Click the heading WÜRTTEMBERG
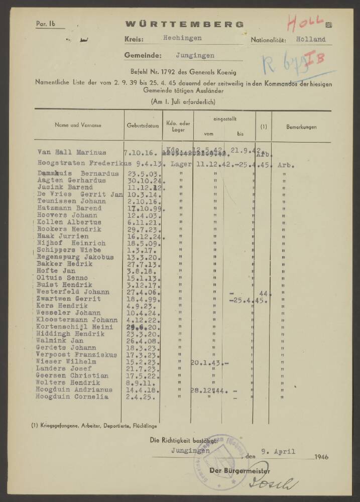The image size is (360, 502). click(185, 24)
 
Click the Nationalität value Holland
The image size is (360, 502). click(310, 39)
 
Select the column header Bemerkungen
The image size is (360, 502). click(301, 127)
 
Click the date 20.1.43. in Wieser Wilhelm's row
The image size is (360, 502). click(206, 362)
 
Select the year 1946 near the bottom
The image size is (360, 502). click(321, 458)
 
